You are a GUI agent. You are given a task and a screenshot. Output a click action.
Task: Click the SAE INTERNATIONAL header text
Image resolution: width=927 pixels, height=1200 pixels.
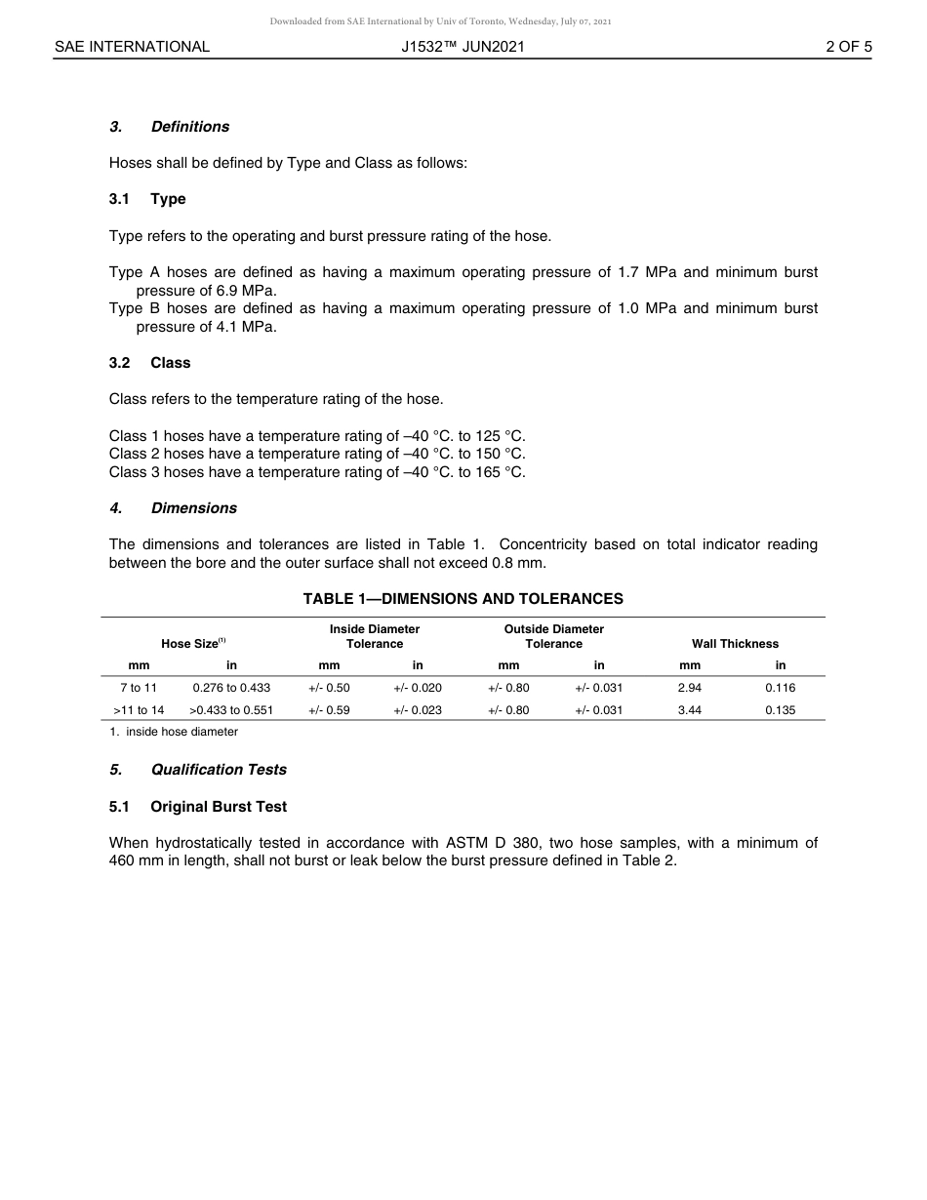[132, 47]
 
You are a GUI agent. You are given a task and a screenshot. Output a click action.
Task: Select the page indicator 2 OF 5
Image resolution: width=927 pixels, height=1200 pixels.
[848, 47]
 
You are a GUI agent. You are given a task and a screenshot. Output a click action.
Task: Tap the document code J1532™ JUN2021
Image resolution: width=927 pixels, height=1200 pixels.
[463, 47]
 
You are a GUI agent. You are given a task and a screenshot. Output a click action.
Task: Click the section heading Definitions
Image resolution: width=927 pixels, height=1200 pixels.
[189, 127]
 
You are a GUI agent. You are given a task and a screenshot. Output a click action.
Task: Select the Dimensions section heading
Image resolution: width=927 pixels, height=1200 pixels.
[193, 508]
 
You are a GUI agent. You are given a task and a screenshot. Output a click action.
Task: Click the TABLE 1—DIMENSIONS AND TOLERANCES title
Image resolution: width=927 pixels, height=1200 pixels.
[463, 599]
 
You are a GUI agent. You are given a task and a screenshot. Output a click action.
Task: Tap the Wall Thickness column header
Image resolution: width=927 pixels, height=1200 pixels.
[735, 644]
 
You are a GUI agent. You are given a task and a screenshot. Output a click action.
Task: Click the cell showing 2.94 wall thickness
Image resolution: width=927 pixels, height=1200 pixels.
[689, 688]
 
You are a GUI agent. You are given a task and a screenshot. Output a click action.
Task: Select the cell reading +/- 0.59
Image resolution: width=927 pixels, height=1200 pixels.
[329, 710]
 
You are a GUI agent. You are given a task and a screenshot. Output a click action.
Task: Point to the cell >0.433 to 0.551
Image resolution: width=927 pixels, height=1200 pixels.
[231, 710]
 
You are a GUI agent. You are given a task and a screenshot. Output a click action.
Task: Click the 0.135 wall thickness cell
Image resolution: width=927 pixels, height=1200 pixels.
[780, 710]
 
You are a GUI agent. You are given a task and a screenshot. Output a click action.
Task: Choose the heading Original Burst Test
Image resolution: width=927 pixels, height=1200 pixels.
[218, 807]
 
